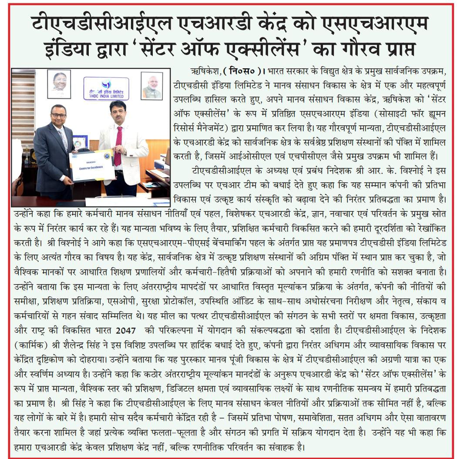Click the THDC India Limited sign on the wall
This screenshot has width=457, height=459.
point(106,88)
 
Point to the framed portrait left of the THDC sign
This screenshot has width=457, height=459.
point(59,84)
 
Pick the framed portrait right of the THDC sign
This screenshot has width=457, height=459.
point(151,86)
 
